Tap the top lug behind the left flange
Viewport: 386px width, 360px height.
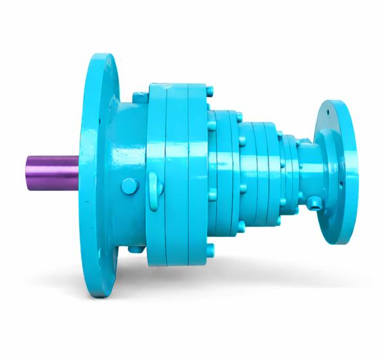[x=139, y=96]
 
